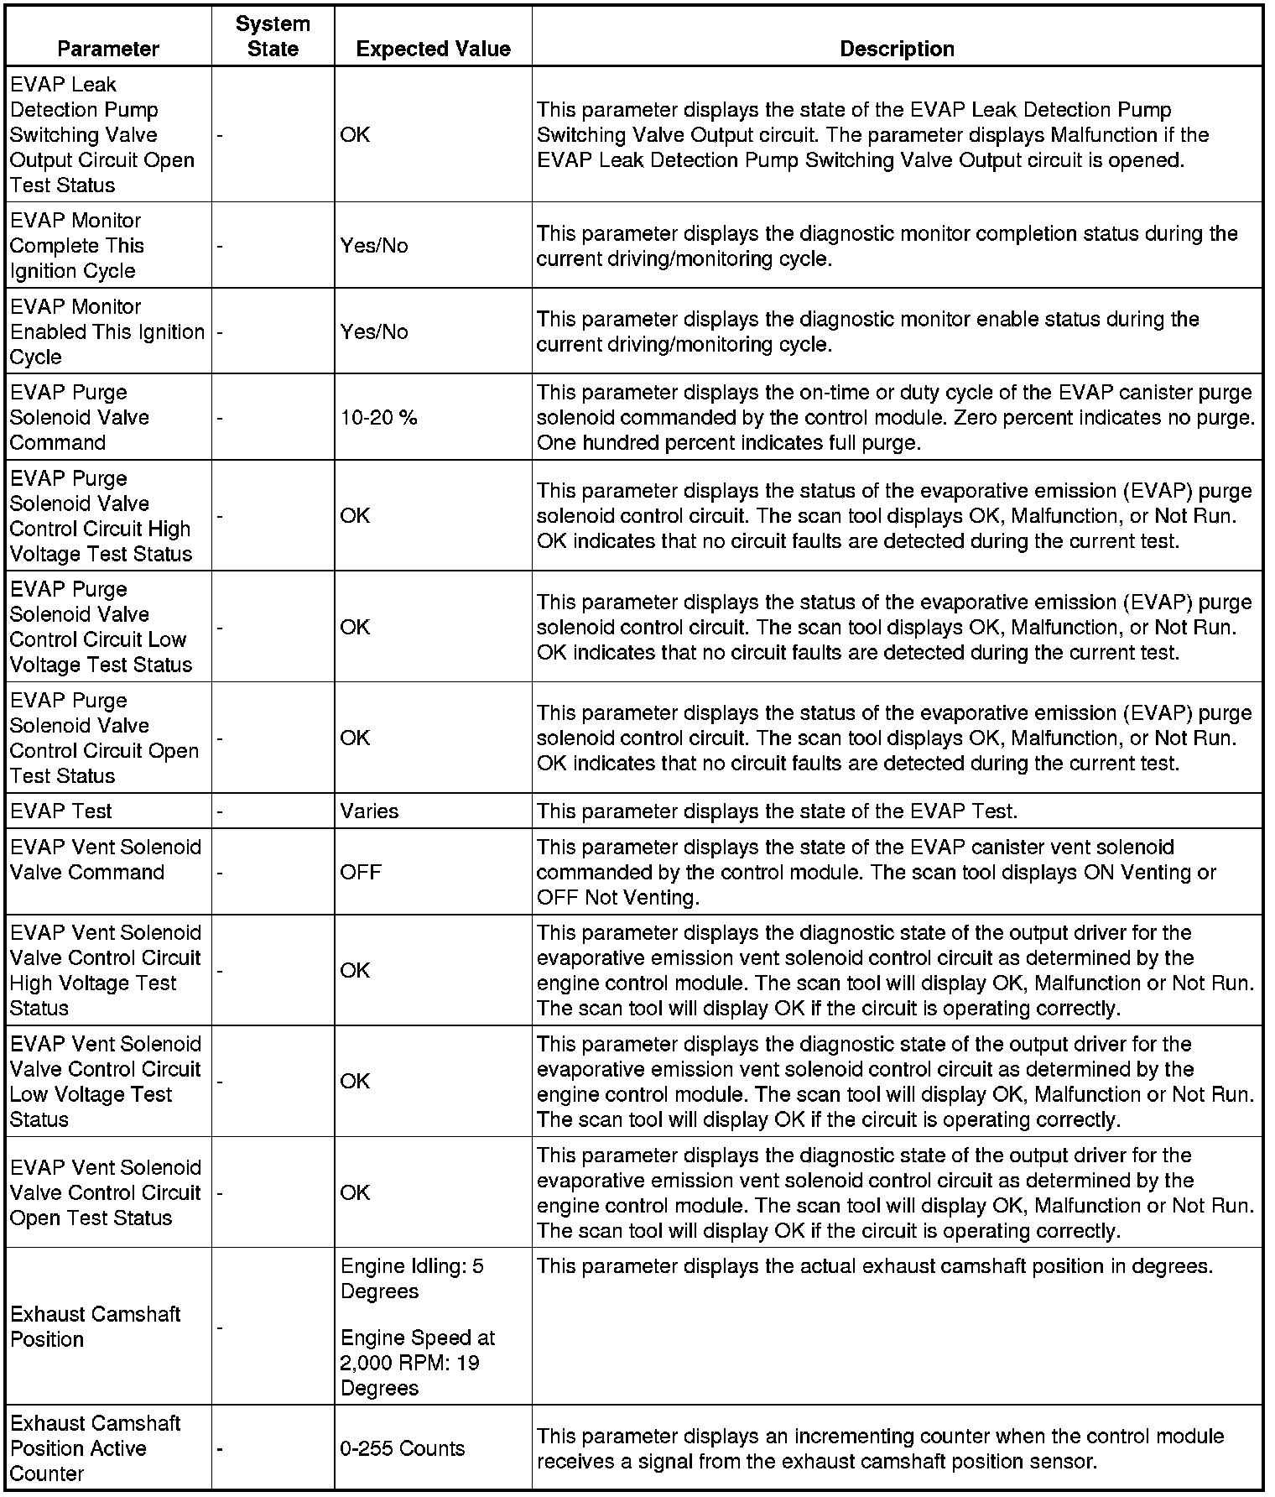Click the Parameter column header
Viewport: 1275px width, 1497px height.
click(108, 49)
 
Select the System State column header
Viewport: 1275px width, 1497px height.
click(273, 36)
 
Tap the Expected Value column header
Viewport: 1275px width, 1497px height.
click(433, 49)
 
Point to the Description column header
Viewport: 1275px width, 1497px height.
click(897, 49)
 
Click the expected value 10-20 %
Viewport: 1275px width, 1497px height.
click(378, 418)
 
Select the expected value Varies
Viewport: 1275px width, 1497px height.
click(369, 811)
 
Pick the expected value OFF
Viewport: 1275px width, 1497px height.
click(361, 873)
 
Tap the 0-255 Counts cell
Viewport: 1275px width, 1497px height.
click(402, 1448)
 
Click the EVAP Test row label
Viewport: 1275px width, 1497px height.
click(61, 811)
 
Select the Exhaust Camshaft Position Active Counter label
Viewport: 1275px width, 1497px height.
click(95, 1448)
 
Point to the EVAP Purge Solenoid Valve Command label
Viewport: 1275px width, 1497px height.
click(80, 418)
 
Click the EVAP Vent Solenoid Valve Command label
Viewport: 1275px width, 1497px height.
click(106, 860)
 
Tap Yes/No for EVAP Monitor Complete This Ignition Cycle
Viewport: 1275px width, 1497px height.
click(374, 246)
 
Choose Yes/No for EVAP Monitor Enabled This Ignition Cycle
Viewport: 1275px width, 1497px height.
click(374, 332)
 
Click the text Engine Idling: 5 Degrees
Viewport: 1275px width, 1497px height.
click(412, 1278)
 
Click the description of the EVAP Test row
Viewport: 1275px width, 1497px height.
click(776, 811)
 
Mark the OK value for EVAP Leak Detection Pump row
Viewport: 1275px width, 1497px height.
click(355, 135)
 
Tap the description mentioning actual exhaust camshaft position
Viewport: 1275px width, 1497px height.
click(874, 1266)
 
